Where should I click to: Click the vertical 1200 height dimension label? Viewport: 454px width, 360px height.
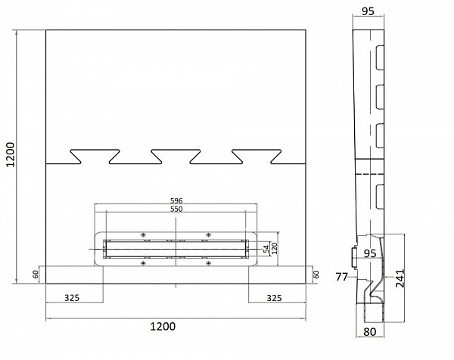(x=9, y=157)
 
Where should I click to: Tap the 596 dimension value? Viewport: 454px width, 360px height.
(x=176, y=200)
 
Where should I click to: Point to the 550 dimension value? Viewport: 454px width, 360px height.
(x=176, y=208)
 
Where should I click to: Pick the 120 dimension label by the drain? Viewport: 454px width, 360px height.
(x=275, y=247)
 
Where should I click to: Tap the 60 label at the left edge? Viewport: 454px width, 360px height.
(x=36, y=275)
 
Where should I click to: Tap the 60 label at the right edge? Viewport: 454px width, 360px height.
(x=316, y=274)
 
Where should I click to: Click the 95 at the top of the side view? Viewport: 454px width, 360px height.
(x=368, y=11)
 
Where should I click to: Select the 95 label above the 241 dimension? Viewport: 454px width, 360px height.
(x=372, y=253)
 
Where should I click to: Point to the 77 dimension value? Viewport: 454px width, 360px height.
(x=341, y=278)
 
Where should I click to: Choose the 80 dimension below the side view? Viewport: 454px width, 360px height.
(x=370, y=330)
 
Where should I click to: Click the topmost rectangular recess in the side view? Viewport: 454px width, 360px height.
(x=381, y=57)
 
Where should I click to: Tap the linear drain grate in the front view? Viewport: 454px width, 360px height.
(x=176, y=247)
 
